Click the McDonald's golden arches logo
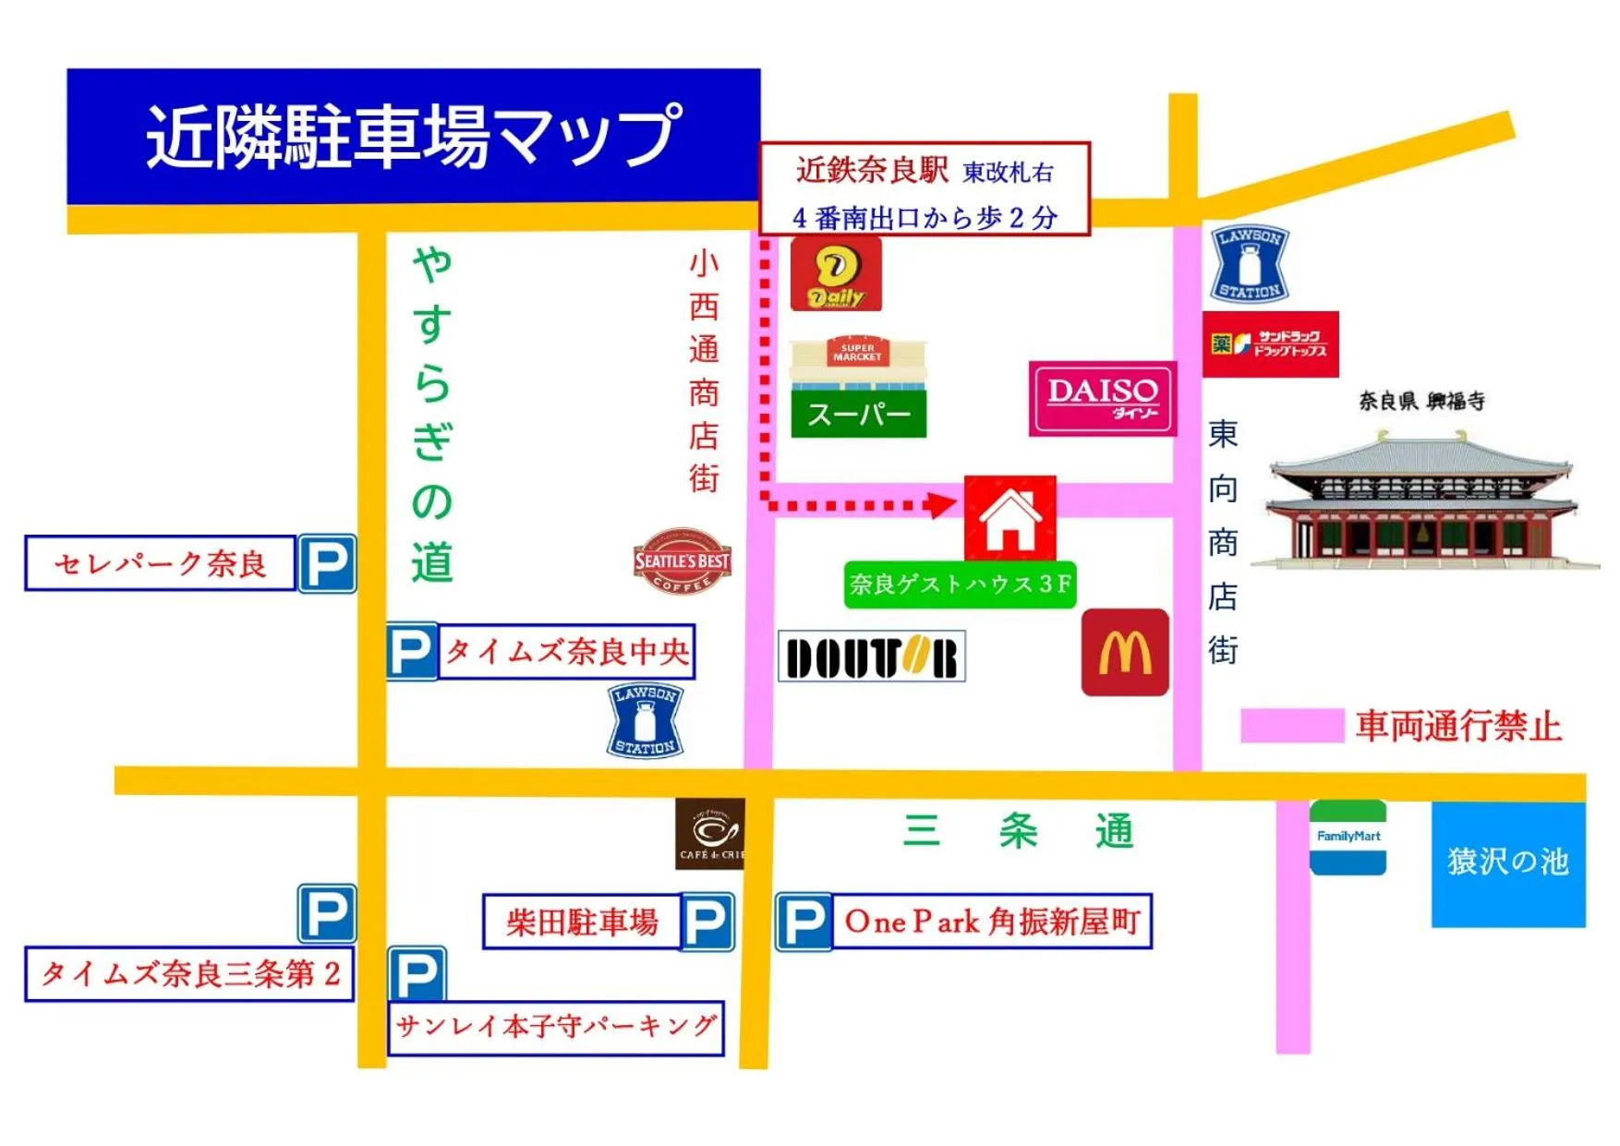click(x=1124, y=652)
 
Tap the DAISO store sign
click(x=1102, y=398)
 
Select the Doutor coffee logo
click(x=871, y=657)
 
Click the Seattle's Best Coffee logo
click(x=683, y=561)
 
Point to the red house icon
click(x=1009, y=518)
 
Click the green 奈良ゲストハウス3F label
click(x=960, y=585)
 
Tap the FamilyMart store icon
click(x=1348, y=838)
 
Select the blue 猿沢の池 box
click(x=1507, y=863)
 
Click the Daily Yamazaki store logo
click(x=836, y=274)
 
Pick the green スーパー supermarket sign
click(x=858, y=414)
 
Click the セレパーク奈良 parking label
click(x=160, y=562)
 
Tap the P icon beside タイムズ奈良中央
click(x=411, y=652)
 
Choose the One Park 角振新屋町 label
click(x=992, y=921)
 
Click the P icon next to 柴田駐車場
click(x=707, y=922)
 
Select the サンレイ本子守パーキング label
click(x=556, y=1027)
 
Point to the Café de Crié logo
click(x=709, y=834)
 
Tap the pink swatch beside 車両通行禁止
click(x=1291, y=726)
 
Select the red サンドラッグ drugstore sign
click(x=1270, y=344)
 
